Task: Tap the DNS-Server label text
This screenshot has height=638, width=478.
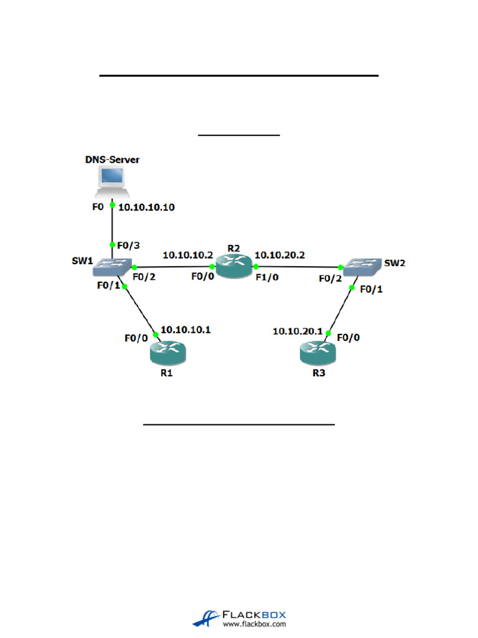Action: coord(112,160)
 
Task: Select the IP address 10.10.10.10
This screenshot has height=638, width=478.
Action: coord(146,207)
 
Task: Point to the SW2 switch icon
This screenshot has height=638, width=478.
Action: coord(363,267)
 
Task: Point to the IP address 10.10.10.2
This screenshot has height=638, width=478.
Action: coord(188,255)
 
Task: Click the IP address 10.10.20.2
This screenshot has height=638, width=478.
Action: coord(280,255)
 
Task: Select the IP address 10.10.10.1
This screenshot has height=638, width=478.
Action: coord(185,330)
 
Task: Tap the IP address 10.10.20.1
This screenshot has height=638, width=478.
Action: coord(298,331)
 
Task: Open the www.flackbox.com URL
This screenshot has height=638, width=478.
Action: coord(254,624)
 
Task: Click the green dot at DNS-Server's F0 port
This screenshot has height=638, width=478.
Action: coord(113,205)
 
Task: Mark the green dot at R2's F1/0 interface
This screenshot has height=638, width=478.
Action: coord(255,267)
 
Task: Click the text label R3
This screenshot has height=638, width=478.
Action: coord(319,376)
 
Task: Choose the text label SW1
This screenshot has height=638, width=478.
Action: coord(82,262)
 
